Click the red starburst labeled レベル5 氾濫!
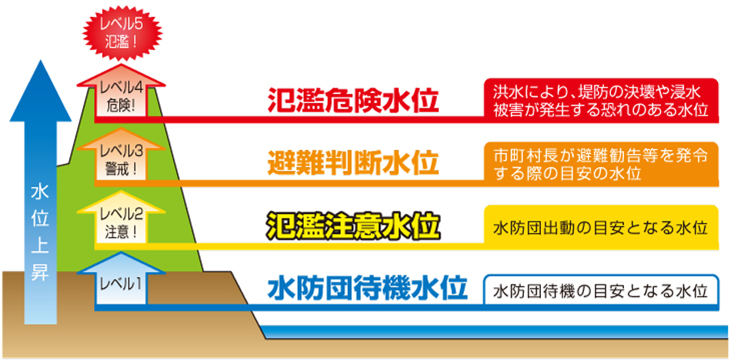point(122,34)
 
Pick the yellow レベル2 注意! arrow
point(122,221)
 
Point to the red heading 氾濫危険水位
point(353,100)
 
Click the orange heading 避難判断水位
point(353,163)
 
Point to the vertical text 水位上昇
point(40,233)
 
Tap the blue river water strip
point(495,332)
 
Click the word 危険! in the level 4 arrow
point(122,106)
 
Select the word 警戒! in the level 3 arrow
point(122,169)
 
